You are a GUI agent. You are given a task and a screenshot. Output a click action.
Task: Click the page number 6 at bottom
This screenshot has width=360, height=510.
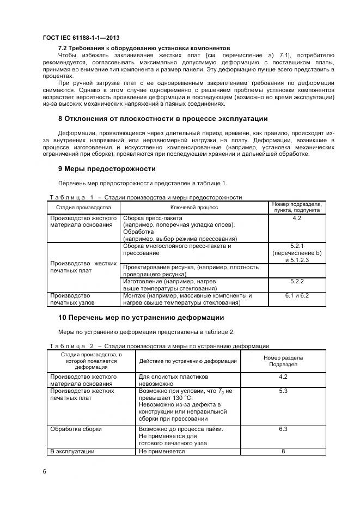(45, 471)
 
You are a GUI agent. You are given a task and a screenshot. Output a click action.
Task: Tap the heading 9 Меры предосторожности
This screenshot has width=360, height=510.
(107, 168)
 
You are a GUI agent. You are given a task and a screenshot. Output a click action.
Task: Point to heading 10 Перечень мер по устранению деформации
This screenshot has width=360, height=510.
(141, 317)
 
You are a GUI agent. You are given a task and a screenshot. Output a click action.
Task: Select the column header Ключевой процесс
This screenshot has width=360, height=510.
(195, 208)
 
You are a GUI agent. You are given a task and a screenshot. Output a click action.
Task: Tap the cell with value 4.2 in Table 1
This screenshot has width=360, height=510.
(297, 218)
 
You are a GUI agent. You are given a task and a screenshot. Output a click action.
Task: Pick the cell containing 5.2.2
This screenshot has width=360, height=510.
(297, 281)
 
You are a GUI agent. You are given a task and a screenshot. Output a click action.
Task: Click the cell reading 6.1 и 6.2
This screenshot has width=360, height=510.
(297, 295)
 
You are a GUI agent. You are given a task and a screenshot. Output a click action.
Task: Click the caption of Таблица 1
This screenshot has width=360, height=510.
(145, 197)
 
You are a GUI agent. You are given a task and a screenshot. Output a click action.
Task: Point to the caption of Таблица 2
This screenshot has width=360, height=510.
(159, 346)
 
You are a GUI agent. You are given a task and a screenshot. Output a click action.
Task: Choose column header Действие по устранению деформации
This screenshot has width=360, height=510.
(188, 361)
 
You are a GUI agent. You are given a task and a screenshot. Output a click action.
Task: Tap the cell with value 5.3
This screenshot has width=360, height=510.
(283, 391)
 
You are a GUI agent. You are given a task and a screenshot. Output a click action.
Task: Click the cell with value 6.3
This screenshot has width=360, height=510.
(283, 429)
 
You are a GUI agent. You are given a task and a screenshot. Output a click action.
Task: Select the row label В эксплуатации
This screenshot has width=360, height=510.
(72, 451)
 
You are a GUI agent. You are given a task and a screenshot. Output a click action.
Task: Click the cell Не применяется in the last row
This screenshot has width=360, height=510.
(162, 451)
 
